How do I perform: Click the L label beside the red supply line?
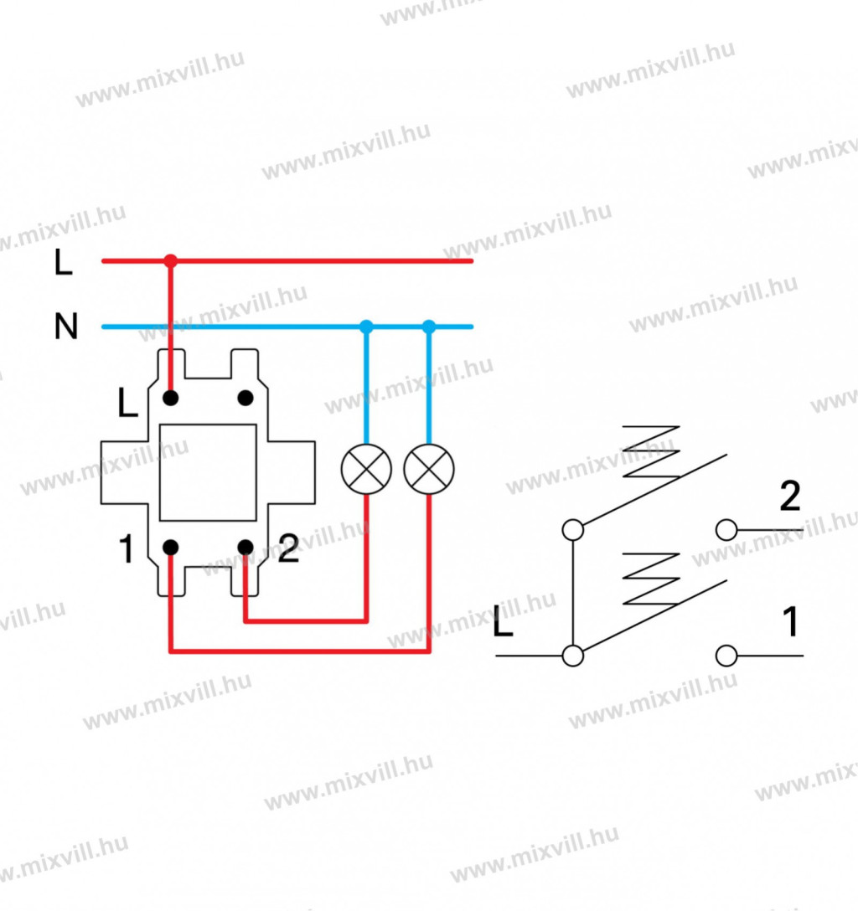tap(64, 264)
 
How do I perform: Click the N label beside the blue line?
tap(65, 327)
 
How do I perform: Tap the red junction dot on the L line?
tap(171, 260)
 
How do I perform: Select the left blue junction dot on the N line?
tap(366, 326)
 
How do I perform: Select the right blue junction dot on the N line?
tap(429, 326)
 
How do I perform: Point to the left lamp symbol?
tap(366, 469)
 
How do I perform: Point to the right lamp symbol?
tap(429, 469)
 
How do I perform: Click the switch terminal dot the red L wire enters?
tap(171, 397)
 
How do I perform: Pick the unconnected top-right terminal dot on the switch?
tap(246, 397)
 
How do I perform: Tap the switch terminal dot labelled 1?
tap(171, 548)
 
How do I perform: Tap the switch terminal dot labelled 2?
tap(246, 548)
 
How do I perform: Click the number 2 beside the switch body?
tap(287, 550)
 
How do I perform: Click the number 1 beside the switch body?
tap(127, 550)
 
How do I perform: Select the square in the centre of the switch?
tap(208, 472)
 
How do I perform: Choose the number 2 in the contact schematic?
tap(789, 497)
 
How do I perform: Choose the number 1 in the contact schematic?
tap(788, 623)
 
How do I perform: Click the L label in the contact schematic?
tap(503, 625)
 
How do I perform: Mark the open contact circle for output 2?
tap(726, 529)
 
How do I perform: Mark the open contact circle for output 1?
tap(726, 655)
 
